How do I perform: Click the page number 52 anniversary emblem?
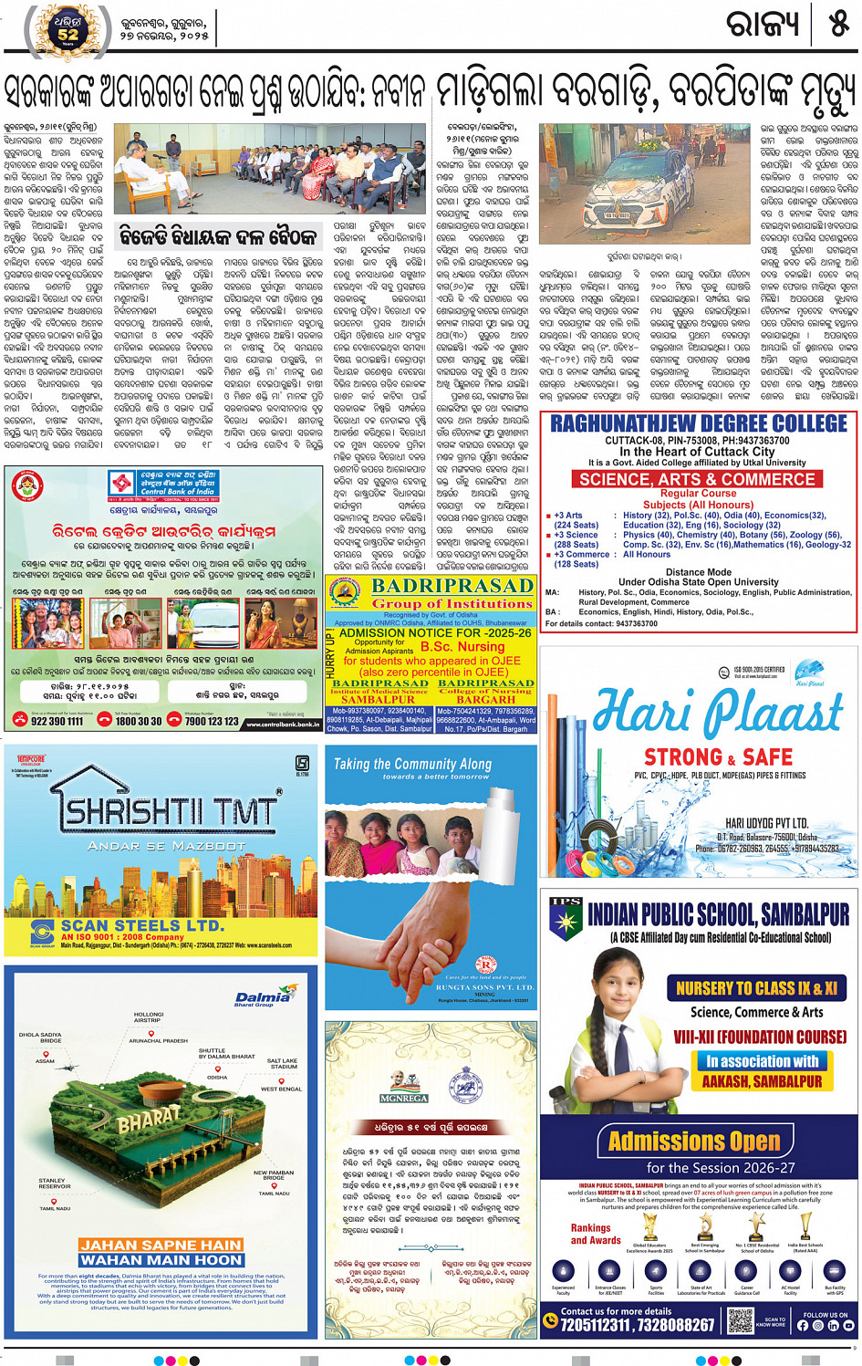[x=68, y=31]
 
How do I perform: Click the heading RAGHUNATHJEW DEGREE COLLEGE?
[x=699, y=423]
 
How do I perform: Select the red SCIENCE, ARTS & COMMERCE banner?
[x=698, y=479]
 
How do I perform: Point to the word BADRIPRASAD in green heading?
[x=452, y=586]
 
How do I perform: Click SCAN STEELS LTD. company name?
[x=141, y=925]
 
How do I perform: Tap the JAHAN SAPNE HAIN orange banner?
[x=160, y=1245]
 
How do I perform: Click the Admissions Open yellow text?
[x=694, y=1141]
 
